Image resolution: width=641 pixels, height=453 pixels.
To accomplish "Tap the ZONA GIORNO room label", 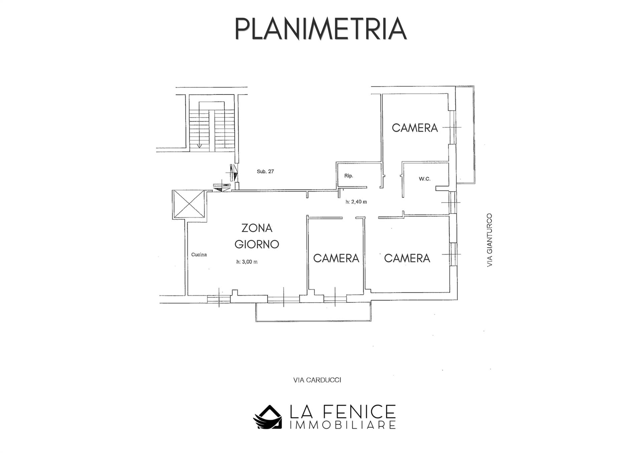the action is (257, 236).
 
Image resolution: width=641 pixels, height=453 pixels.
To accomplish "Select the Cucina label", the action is (199, 255).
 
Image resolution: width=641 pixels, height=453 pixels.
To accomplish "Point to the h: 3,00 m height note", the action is (247, 262).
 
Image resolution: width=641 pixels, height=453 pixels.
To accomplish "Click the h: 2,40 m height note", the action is (356, 202).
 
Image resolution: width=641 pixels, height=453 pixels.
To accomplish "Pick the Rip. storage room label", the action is (349, 176).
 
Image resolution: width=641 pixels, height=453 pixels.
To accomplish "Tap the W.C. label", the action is (425, 179).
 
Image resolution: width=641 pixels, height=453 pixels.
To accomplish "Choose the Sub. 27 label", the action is (265, 172).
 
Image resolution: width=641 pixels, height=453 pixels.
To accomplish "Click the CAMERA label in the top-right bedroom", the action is (415, 128).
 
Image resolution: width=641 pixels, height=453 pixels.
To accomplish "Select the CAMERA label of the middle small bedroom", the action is (336, 258).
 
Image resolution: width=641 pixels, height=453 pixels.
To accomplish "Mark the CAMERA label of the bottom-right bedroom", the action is (407, 258).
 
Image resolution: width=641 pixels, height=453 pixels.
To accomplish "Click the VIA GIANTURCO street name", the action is (490, 240).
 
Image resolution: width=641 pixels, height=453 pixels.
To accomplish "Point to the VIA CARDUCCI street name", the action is (317, 380).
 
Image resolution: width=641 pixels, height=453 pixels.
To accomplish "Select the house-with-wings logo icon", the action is (267, 417).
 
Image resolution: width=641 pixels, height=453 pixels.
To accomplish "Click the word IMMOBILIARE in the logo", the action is (343, 425).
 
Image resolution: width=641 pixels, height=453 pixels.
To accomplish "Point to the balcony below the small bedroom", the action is (313, 312).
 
